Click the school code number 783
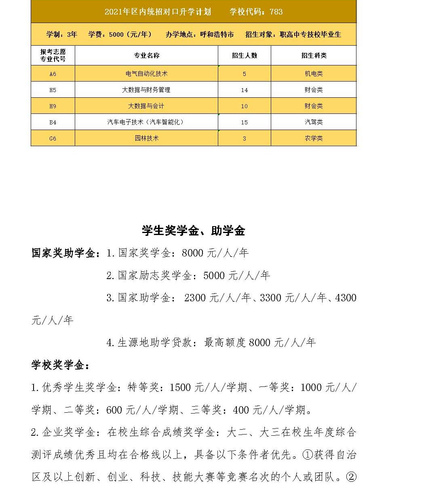276,12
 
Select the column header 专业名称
147,55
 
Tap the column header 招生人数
244,55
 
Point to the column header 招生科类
314,55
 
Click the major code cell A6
53,74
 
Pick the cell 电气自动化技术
147,73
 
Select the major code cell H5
53,90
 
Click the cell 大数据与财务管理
146,90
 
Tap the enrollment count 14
244,90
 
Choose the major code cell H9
53,106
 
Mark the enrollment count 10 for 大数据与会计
244,106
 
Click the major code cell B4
53,122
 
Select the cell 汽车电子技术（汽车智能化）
146,122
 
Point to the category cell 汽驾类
314,122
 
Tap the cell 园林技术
147,138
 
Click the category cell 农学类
314,138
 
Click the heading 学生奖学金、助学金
194,231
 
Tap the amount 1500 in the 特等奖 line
180,388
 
